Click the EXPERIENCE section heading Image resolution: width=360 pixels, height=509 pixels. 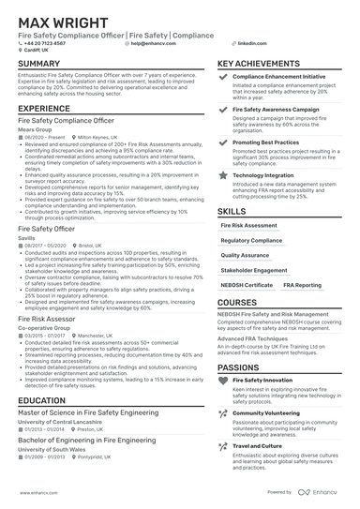point(43,109)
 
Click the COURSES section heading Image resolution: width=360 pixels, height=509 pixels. point(239,303)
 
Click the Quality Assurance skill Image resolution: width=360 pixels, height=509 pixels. point(244,254)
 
